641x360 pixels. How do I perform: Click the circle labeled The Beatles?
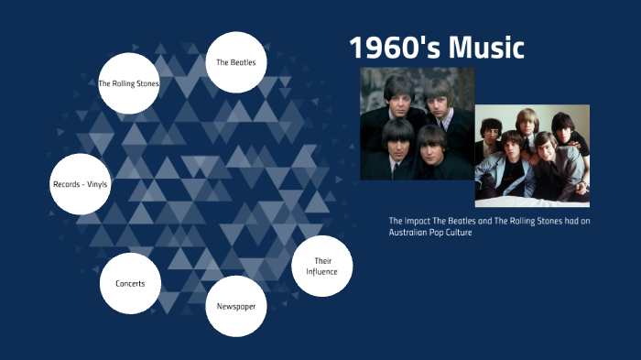pos(235,62)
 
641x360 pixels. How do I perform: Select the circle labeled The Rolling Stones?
pos(129,83)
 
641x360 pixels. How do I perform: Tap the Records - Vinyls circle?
pos(81,184)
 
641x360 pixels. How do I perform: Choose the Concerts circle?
pos(130,283)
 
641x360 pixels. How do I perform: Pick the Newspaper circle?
pos(236,306)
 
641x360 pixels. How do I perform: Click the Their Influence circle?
pos(321,267)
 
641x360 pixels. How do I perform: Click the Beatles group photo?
pos(417,124)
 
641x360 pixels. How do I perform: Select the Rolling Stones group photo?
pos(532,156)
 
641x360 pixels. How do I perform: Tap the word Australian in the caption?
pos(410,233)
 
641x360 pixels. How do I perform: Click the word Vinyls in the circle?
pos(95,184)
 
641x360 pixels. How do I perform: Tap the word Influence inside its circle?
pos(321,272)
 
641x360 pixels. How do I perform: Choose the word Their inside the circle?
pos(321,261)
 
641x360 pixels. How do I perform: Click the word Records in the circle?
pos(67,184)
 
